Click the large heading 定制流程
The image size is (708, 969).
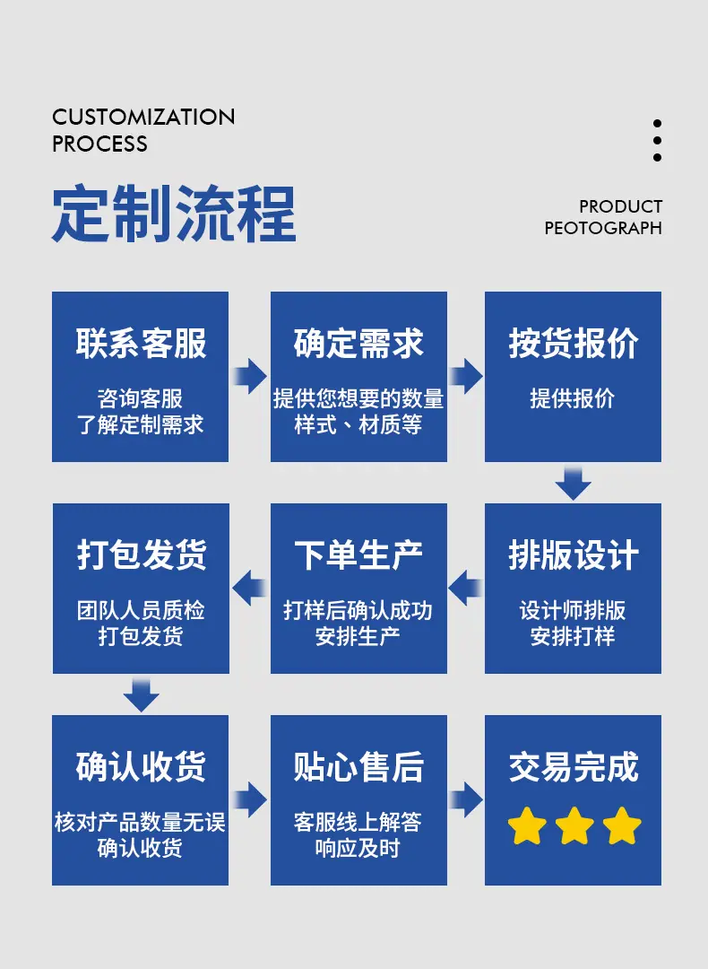(x=174, y=214)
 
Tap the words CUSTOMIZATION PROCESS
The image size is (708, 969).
(x=143, y=130)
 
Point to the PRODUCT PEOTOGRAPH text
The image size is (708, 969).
(x=603, y=217)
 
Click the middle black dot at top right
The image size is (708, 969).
(x=657, y=140)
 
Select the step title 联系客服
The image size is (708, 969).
(x=141, y=344)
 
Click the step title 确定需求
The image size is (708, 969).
(x=358, y=344)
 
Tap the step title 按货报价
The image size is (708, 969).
(x=574, y=344)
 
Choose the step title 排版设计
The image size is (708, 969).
(x=574, y=555)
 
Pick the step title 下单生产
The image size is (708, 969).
(x=358, y=555)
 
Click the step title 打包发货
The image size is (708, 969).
(x=141, y=555)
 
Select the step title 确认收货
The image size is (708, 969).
(x=141, y=767)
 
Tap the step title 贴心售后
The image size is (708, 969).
(x=358, y=767)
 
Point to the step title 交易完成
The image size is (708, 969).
(x=574, y=767)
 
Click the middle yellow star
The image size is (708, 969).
(x=574, y=826)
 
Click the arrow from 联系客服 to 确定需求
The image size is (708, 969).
(x=250, y=376)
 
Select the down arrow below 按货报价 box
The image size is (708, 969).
(x=573, y=483)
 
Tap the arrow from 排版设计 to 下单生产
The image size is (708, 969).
(x=465, y=589)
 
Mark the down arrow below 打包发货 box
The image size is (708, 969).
(x=141, y=694)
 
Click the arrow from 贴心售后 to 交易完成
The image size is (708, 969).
(x=466, y=799)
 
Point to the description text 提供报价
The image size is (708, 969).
(x=573, y=399)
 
